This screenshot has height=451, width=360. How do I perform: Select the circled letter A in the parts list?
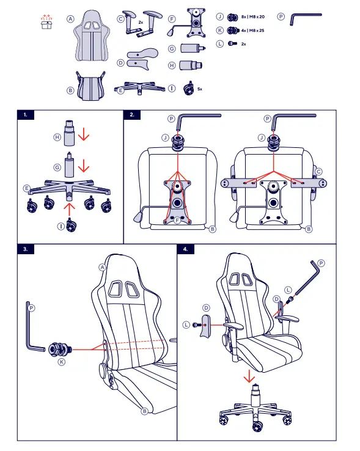click(x=71, y=19)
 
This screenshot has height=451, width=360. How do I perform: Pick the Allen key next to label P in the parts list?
click(x=305, y=19)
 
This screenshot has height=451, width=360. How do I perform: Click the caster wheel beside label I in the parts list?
click(x=187, y=87)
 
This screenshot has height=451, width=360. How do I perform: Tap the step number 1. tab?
click(x=27, y=114)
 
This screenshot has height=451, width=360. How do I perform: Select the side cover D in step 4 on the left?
click(x=206, y=326)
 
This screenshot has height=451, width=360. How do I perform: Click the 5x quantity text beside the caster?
click(x=200, y=89)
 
